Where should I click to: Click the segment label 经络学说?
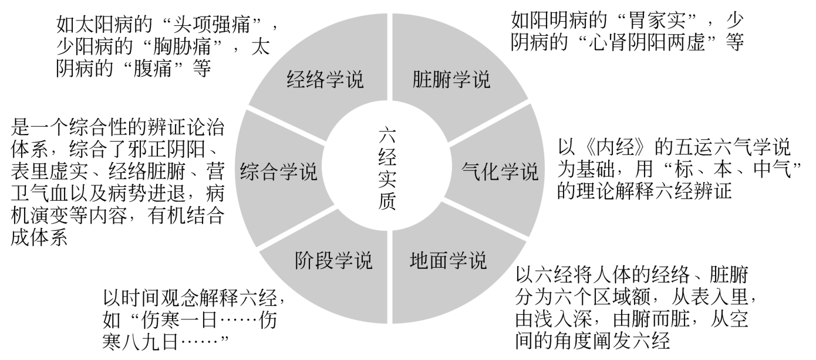point(325,79)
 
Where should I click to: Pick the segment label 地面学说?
point(448,260)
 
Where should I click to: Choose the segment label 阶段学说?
point(333,260)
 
